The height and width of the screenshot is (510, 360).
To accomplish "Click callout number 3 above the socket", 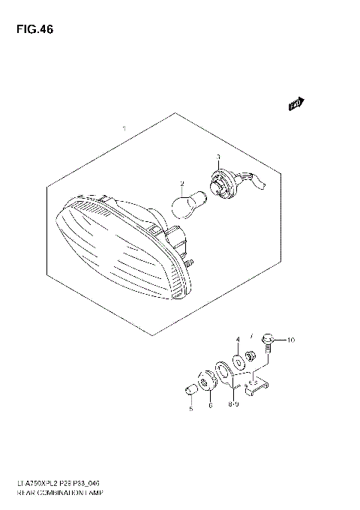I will click(x=218, y=157).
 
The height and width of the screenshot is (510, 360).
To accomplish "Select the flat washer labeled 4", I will click(x=238, y=361).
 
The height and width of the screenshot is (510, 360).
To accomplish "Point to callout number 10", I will click(x=292, y=340).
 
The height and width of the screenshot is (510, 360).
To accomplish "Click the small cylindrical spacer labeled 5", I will click(x=191, y=388).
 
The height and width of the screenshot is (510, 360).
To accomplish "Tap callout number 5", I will click(x=190, y=408).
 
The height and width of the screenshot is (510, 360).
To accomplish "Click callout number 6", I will click(x=210, y=405).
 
